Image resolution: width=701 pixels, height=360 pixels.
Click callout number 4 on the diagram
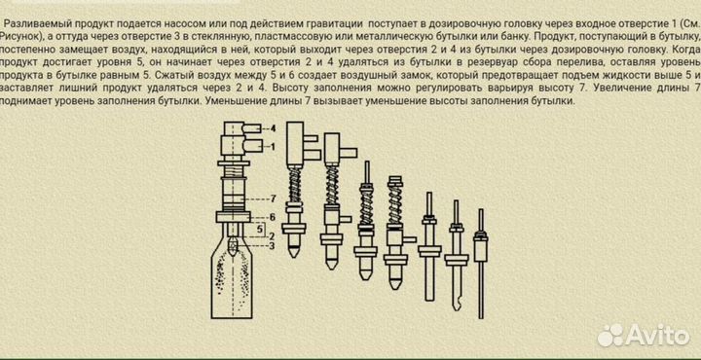pos(273,128)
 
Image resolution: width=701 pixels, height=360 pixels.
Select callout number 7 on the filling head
pos(274,198)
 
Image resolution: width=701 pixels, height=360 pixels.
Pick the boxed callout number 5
pos(259,229)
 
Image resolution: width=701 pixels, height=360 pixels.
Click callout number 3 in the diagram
pos(273,245)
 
